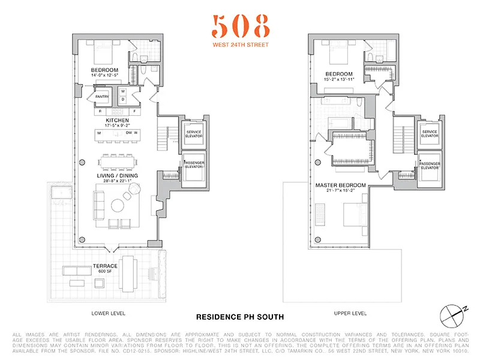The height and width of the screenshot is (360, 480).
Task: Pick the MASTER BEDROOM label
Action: pyautogui.click(x=341, y=185)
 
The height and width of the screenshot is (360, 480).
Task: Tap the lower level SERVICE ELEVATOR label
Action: pyautogui.click(x=194, y=134)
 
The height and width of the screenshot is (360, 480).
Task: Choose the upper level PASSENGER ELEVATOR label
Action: pyautogui.click(x=430, y=166)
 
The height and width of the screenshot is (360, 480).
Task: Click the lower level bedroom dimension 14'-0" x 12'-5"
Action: pyautogui.click(x=104, y=76)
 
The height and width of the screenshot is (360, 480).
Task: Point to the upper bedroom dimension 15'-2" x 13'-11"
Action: pyautogui.click(x=341, y=79)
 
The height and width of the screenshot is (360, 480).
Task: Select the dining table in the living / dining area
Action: pyautogui.click(x=117, y=161)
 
